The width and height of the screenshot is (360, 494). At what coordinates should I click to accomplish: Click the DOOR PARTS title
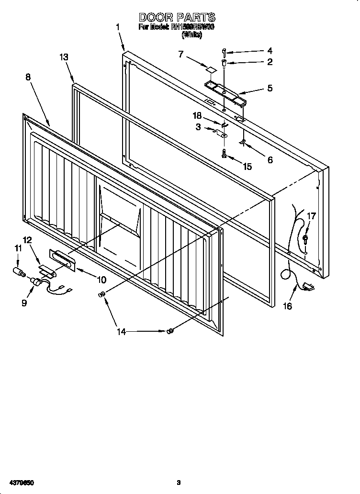(x=177, y=18)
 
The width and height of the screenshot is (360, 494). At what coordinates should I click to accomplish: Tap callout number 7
(x=181, y=54)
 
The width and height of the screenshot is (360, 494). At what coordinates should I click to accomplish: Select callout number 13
(x=64, y=57)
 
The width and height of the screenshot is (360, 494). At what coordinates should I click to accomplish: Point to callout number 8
(x=29, y=77)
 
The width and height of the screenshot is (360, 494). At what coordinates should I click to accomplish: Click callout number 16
(x=287, y=307)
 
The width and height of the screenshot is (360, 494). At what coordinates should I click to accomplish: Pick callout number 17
(x=311, y=216)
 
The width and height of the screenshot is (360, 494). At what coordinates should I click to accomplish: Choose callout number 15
(x=247, y=167)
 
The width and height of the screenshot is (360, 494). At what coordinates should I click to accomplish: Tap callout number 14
(x=122, y=331)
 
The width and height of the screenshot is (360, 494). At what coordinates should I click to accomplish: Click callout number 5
(x=270, y=89)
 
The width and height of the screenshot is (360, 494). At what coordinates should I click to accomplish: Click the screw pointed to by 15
(x=224, y=154)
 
